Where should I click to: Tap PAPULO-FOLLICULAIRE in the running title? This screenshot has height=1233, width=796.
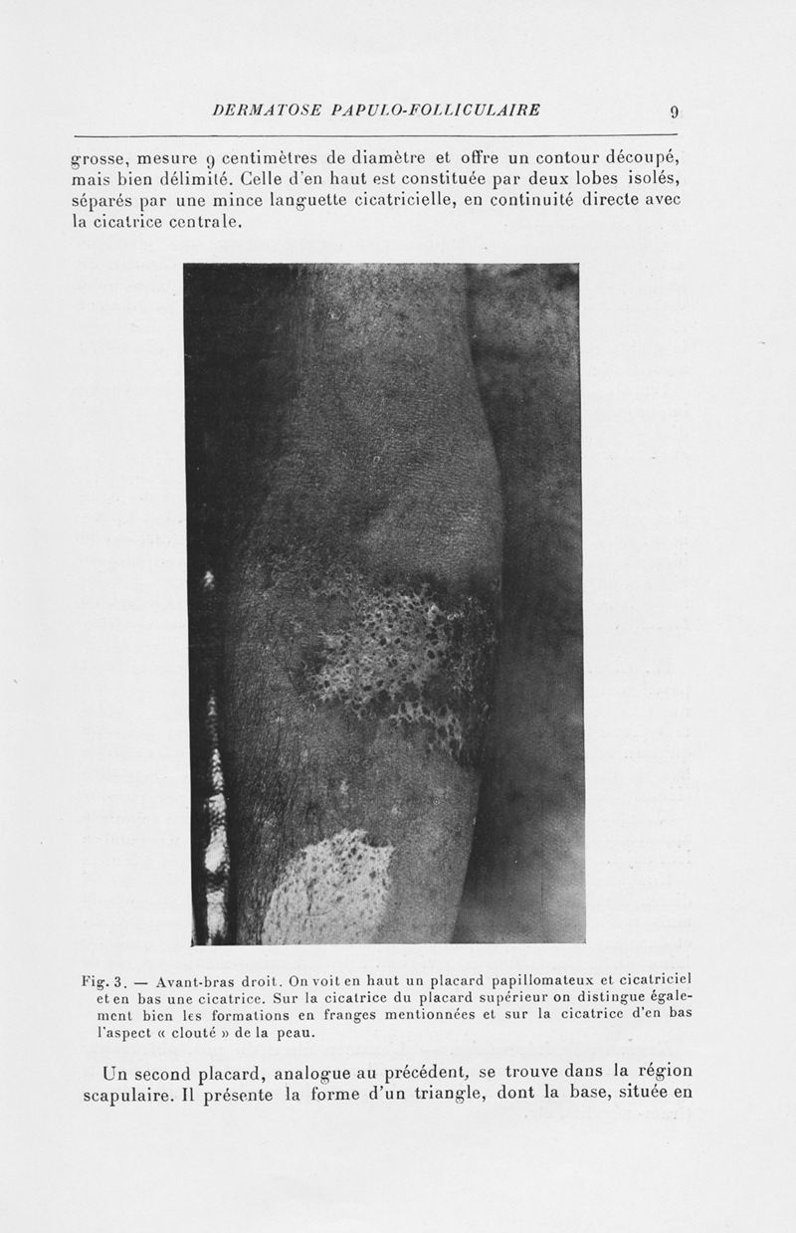426,109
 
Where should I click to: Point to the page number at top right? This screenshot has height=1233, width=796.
674,110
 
